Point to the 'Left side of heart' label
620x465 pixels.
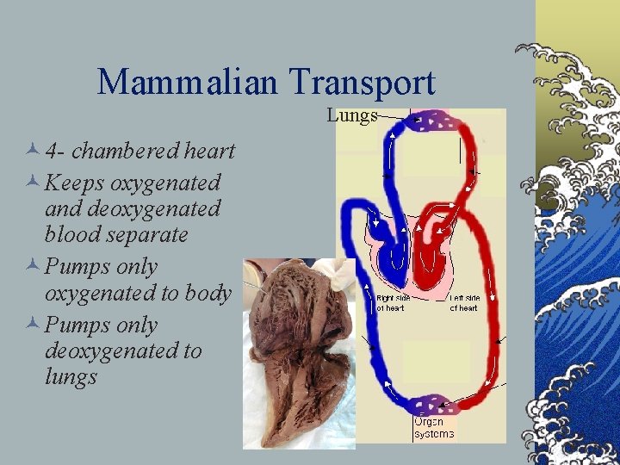pyautogui.click(x=464, y=302)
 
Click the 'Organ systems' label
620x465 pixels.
pyautogui.click(x=433, y=428)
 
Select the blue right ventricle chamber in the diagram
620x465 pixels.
pyautogui.click(x=396, y=258)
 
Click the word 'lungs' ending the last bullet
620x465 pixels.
pyautogui.click(x=71, y=377)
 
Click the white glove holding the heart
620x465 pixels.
pyautogui.click(x=344, y=271)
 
